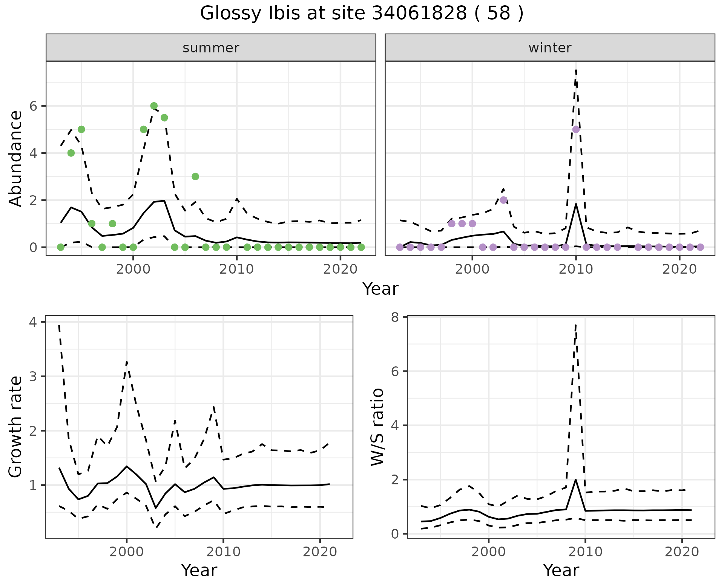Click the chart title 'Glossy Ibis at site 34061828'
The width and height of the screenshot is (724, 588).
[361, 14]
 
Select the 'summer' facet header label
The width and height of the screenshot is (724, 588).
[211, 48]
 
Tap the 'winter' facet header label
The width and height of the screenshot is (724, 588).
[550, 48]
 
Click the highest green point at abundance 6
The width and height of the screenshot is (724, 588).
[154, 106]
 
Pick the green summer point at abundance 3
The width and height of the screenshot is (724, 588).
[195, 176]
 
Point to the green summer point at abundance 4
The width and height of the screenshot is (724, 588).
[71, 153]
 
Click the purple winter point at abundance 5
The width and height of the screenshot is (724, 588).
[576, 129]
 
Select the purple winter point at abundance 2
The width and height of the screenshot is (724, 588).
[503, 200]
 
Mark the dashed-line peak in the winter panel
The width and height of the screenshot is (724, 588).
[576, 70]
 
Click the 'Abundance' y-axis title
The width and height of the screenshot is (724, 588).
[16, 158]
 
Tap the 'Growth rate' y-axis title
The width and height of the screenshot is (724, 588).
[16, 427]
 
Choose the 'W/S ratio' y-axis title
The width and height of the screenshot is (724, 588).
[377, 427]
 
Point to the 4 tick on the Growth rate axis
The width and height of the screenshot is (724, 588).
[34, 322]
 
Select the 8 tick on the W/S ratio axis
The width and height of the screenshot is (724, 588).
[396, 317]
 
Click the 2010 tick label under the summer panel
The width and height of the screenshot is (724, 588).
[237, 270]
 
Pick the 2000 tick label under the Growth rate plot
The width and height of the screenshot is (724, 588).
[127, 552]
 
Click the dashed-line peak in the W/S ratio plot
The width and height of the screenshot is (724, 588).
[575, 325]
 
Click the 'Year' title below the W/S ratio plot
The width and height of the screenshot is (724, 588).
[561, 570]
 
